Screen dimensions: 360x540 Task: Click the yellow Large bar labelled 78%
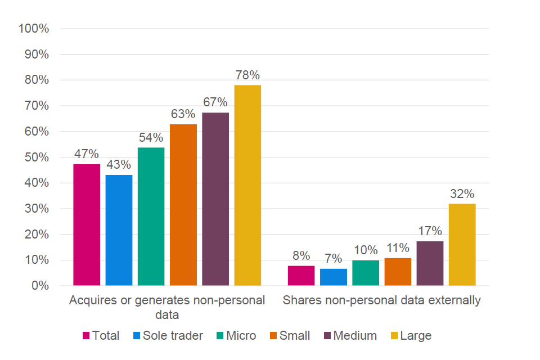tap(247, 186)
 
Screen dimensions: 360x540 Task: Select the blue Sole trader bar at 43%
tap(119, 231)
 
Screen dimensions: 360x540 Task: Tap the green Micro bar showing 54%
tap(151, 217)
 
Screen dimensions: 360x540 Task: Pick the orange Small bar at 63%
tap(183, 205)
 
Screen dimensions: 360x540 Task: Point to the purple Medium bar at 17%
tap(430, 263)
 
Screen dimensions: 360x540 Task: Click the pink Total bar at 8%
tap(301, 276)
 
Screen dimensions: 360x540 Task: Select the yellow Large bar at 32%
tap(462, 245)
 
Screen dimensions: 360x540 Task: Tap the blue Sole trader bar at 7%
tap(333, 277)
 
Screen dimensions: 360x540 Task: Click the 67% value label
tap(215, 102)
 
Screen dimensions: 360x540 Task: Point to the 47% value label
tap(87, 154)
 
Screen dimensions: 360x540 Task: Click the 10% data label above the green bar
tap(366, 250)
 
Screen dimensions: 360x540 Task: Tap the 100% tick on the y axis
tap(34, 29)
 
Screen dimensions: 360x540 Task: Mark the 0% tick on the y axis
tap(40, 286)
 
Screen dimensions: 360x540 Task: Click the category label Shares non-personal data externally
tap(381, 300)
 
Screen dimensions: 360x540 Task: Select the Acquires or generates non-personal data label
tap(167, 307)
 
